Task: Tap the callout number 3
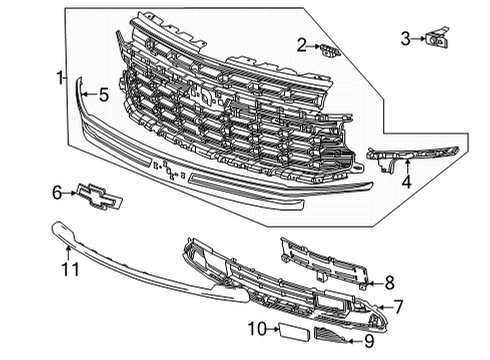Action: (405, 39)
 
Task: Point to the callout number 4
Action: (405, 181)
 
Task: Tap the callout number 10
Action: (254, 328)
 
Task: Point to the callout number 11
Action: (68, 267)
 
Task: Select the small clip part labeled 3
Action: (438, 40)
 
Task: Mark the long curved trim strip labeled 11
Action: (150, 268)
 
